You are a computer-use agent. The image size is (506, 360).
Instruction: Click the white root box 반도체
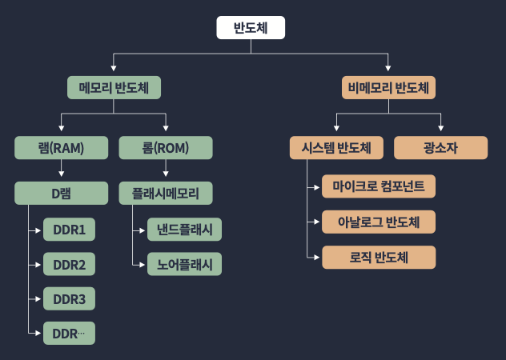pyautogui.click(x=251, y=28)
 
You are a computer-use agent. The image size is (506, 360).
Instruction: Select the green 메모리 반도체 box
pyautogui.click(x=114, y=86)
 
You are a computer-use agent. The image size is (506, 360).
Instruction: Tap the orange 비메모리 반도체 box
pyautogui.click(x=389, y=86)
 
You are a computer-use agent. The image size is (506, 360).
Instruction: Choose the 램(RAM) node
pyautogui.click(x=61, y=147)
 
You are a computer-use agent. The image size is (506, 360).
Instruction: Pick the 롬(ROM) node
pyautogui.click(x=166, y=147)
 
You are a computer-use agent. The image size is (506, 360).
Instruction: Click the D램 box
pyautogui.click(x=61, y=193)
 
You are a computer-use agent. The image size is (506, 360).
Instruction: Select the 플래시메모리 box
pyautogui.click(x=166, y=193)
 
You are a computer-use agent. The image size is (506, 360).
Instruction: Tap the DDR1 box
pyautogui.click(x=69, y=230)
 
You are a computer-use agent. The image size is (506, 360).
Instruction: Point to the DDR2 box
pyautogui.click(x=69, y=264)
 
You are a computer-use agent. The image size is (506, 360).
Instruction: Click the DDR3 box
pyautogui.click(x=69, y=298)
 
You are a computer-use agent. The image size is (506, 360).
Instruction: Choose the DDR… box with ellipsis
pyautogui.click(x=69, y=333)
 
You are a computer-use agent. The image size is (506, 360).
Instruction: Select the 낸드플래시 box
pyautogui.click(x=184, y=230)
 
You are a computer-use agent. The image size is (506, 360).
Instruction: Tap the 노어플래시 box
pyautogui.click(x=184, y=264)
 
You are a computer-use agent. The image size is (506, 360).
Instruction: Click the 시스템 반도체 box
pyautogui.click(x=336, y=148)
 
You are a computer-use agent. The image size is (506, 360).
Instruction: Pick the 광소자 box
pyautogui.click(x=441, y=148)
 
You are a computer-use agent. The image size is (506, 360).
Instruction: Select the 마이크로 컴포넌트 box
pyautogui.click(x=379, y=186)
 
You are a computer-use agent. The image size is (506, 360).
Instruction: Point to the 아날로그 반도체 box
pyautogui.click(x=379, y=222)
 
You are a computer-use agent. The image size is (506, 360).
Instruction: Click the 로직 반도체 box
pyautogui.click(x=379, y=257)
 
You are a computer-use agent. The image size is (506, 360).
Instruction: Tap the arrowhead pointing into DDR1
pyautogui.click(x=38, y=230)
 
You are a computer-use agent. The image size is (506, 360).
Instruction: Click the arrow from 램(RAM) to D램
pyautogui.click(x=61, y=170)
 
